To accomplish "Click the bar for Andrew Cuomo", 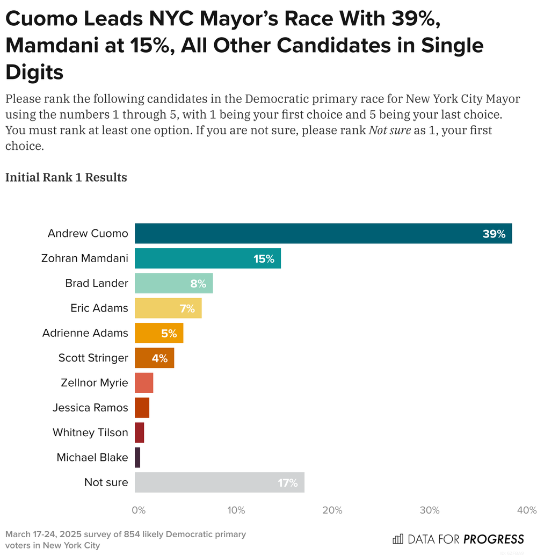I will [x=322, y=234].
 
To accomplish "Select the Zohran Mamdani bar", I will [x=207, y=258].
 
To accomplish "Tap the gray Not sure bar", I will [x=219, y=482].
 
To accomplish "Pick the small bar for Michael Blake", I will [x=137, y=458].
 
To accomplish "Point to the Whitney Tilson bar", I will [x=139, y=432].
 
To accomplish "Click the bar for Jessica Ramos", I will [x=142, y=408].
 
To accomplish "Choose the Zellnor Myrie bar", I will [x=144, y=383].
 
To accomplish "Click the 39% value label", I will [x=494, y=234].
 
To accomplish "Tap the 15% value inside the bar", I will [x=264, y=259].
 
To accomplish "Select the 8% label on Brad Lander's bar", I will [x=198, y=284].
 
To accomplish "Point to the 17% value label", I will [x=287, y=483].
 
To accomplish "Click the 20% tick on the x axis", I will [x=332, y=510].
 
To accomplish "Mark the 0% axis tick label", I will [x=139, y=510].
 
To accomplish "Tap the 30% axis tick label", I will [x=430, y=510].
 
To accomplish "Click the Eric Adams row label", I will [x=99, y=308].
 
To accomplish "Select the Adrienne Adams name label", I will [x=85, y=333].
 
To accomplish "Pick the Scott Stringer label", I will [x=93, y=358].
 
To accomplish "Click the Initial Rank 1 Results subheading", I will [x=66, y=177].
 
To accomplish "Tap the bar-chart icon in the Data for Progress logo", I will [x=398, y=539].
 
